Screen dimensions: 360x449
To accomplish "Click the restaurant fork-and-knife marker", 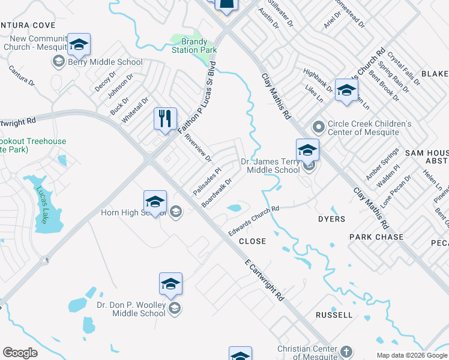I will tap(165, 118).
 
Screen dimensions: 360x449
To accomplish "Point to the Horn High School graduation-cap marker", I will tap(155, 202).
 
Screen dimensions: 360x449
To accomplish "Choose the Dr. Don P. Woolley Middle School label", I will tap(131, 308).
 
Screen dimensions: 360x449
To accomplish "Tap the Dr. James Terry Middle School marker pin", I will tap(307, 150).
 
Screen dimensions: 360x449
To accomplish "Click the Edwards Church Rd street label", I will tap(254, 221).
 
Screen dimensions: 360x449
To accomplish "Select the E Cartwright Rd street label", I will tap(265, 280).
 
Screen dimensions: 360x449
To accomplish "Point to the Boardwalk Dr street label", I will tap(217, 192).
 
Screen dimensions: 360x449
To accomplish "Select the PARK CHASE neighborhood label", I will tap(376, 237).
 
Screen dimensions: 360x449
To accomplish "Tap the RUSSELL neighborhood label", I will tap(334, 314).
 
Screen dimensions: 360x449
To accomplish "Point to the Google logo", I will tap(20, 353).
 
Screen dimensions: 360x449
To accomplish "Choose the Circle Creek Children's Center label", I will tap(368, 128).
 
